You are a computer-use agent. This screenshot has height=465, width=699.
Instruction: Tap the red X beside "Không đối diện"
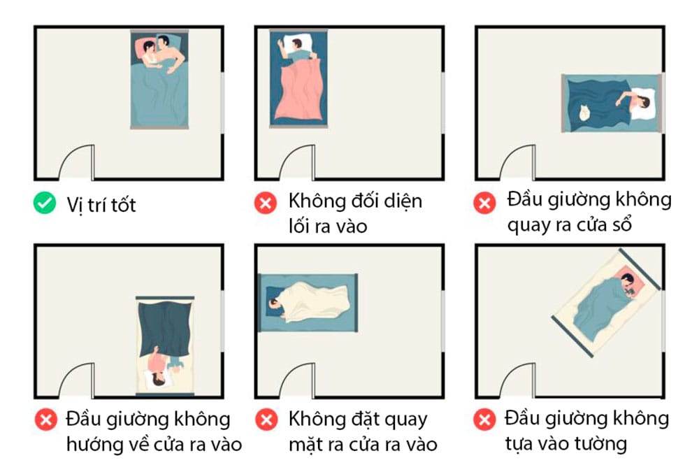266,204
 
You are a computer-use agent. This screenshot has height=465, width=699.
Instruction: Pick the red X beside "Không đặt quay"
266,421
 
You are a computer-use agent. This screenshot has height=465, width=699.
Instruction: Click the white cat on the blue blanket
582,113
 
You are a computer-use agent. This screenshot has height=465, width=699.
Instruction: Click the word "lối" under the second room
302,226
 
